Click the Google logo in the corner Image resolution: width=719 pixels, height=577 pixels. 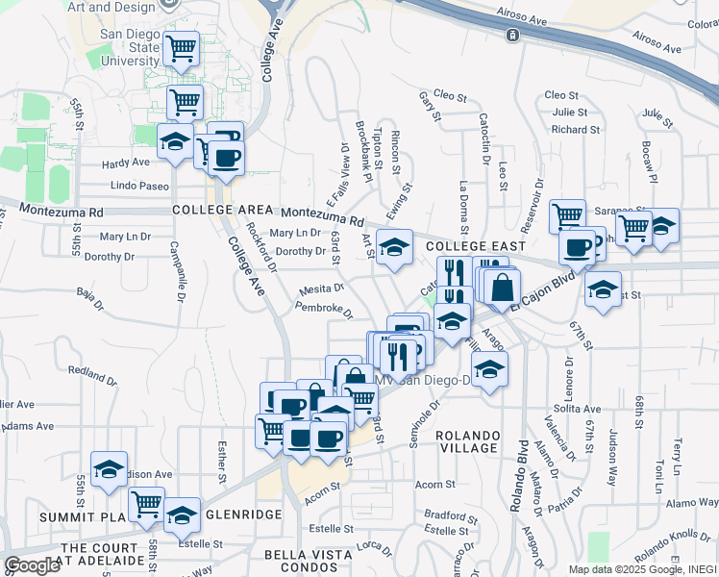[x=32, y=565]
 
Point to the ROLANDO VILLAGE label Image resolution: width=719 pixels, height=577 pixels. [x=467, y=441]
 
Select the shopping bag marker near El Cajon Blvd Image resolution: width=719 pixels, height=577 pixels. [x=502, y=287]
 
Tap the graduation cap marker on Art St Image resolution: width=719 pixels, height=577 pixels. [x=394, y=248]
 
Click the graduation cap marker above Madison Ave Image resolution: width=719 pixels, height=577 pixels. [x=110, y=468]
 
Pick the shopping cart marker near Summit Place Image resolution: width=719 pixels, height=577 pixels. [x=146, y=503]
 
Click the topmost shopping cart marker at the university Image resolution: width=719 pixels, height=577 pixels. [x=180, y=48]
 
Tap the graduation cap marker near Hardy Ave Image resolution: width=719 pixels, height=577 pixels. [x=174, y=140]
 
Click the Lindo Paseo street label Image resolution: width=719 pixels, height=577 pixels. [x=139, y=186]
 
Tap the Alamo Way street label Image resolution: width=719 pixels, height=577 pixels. [x=692, y=503]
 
